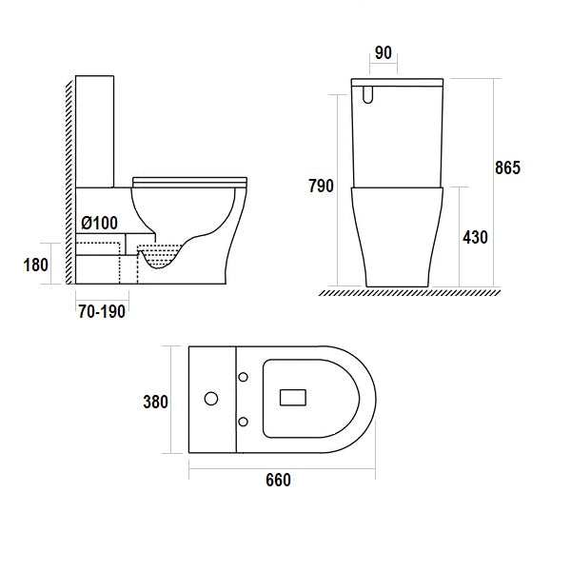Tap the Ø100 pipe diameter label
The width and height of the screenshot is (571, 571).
pyautogui.click(x=99, y=223)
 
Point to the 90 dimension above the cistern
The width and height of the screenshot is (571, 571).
pyautogui.click(x=384, y=52)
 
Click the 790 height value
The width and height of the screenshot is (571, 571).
pyautogui.click(x=320, y=187)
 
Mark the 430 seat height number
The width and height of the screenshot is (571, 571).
pyautogui.click(x=473, y=237)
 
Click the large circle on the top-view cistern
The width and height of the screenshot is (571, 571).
pyautogui.click(x=211, y=398)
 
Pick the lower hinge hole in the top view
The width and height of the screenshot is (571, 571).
pyautogui.click(x=245, y=420)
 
